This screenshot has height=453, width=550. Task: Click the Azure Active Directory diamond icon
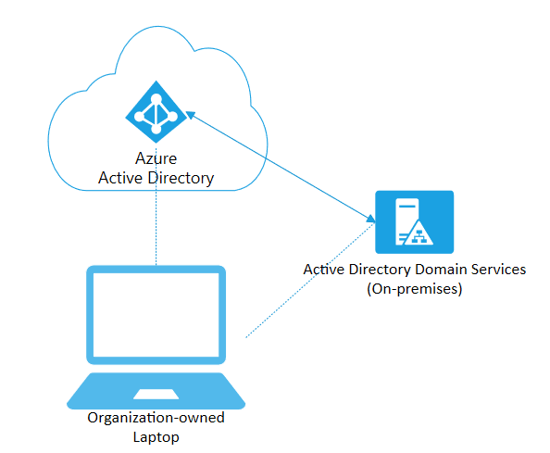coord(156,112)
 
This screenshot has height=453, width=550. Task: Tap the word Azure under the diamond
coord(156,158)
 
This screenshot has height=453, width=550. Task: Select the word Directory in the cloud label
coord(181,179)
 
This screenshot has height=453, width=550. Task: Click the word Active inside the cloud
coord(120,178)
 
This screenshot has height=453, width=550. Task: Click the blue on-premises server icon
coord(414,222)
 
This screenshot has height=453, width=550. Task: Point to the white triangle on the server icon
coord(419,233)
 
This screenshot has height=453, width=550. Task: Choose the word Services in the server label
coord(498,270)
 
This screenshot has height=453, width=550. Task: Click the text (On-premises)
coord(415,289)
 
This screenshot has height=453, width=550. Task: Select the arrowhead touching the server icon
coord(370,219)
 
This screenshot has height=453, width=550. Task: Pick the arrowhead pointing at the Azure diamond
coord(190,114)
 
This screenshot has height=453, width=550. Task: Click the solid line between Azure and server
coord(281,167)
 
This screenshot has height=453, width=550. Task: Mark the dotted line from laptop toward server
coord(310,280)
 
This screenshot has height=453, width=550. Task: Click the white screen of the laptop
coord(156,315)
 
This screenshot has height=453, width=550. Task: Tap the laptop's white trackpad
coord(156,394)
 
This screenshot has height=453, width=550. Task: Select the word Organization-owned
coord(156,418)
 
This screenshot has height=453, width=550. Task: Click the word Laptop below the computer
coord(156,437)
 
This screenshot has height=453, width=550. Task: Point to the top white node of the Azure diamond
coord(156,99)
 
